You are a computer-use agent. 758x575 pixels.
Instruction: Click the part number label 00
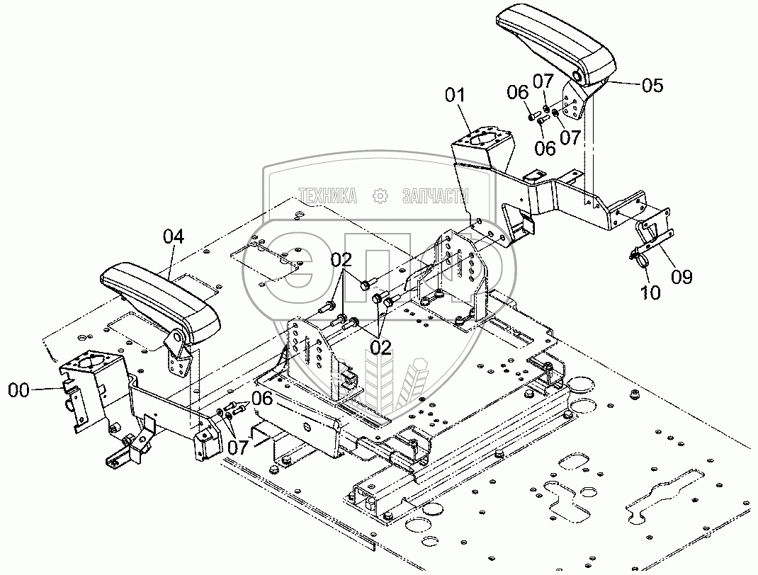(21, 389)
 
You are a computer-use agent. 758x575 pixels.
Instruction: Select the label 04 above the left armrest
(174, 237)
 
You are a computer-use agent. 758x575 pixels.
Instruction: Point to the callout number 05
(652, 86)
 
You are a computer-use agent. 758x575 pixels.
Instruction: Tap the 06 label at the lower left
(261, 399)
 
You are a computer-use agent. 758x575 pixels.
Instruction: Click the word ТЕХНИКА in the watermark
(327, 196)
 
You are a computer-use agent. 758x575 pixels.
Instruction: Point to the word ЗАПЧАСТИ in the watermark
(434, 196)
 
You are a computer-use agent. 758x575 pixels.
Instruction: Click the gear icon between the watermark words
(380, 196)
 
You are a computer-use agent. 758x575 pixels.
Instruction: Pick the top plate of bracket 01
(482, 137)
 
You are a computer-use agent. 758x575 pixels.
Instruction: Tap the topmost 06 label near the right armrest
(519, 91)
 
